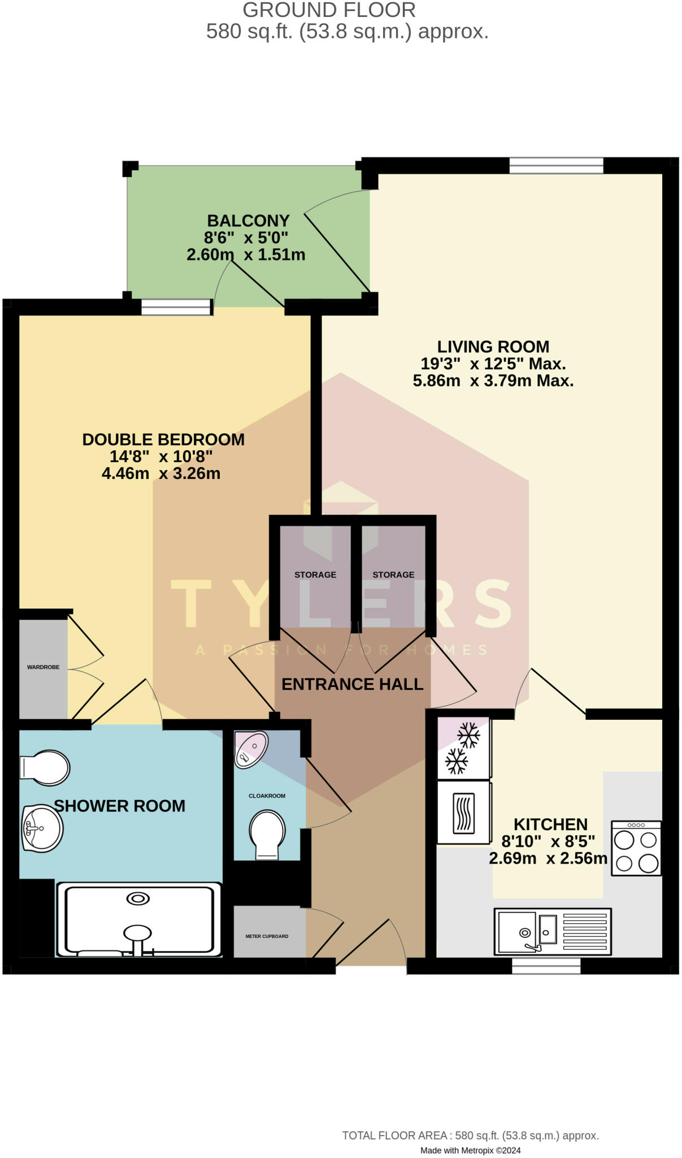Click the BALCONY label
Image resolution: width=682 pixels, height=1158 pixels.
(248, 221)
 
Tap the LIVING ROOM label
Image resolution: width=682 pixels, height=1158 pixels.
(493, 347)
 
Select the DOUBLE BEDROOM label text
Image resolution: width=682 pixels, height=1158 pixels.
(163, 439)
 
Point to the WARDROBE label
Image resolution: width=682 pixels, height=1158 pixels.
(44, 667)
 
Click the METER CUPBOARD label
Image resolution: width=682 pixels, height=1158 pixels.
(267, 936)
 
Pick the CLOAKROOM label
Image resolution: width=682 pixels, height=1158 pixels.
(267, 796)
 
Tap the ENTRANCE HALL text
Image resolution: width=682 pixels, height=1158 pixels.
(352, 684)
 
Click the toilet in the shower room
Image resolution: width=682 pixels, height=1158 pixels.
(45, 767)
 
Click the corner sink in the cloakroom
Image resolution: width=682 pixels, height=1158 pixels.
(250, 749)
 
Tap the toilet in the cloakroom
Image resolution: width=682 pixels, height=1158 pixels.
(267, 835)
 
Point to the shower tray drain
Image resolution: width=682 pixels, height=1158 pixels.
(138, 898)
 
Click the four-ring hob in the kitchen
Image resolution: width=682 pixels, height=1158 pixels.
(636, 849)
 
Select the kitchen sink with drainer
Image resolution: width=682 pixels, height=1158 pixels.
(552, 931)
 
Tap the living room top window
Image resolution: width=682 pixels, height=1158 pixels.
(556, 166)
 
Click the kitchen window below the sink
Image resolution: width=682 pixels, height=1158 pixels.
(546, 965)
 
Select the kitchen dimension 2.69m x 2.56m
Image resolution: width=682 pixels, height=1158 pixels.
(548, 858)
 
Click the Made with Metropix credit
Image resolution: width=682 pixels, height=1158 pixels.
(470, 1150)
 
